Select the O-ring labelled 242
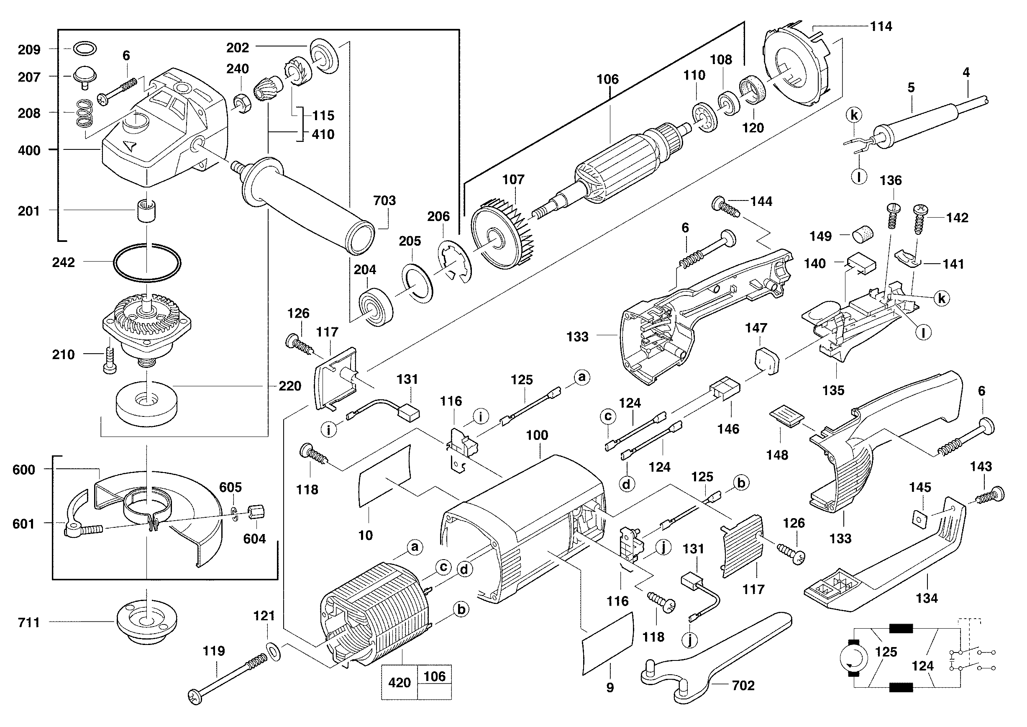pos(147,263)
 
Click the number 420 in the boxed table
pos(399,683)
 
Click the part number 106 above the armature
pos(607,80)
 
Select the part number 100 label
pos(537,435)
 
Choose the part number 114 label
pos(881,26)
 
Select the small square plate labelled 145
pos(919,519)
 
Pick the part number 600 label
pos(24,470)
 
